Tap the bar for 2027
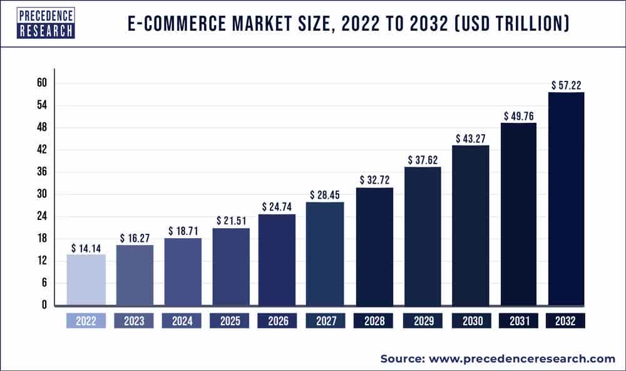(324, 254)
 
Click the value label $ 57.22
(567, 85)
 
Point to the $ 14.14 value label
(86, 248)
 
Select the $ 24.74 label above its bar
(276, 206)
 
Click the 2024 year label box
(182, 321)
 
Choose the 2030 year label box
(470, 321)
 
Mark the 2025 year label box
(230, 321)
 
